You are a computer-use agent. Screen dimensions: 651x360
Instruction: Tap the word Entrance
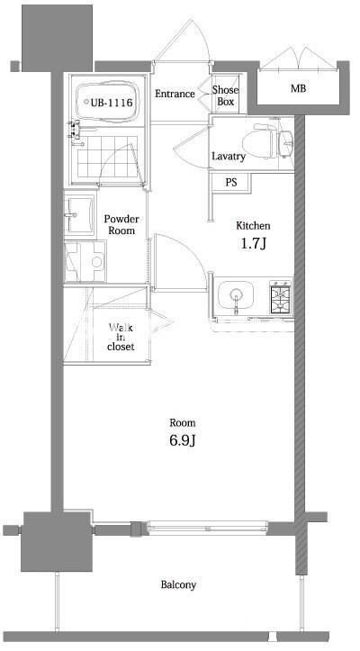(175, 94)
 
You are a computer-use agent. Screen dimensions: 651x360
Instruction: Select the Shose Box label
(225, 95)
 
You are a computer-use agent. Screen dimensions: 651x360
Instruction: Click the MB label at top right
(297, 89)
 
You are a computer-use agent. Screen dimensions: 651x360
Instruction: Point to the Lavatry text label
(229, 157)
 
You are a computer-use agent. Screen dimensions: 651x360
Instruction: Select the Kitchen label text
(253, 225)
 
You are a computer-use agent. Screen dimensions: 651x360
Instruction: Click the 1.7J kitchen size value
(253, 244)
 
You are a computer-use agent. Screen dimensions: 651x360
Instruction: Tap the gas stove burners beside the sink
(281, 296)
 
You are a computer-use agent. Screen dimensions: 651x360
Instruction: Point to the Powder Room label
(120, 224)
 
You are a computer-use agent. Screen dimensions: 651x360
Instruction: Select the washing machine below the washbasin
(86, 261)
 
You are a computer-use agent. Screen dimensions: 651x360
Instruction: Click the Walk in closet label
(120, 336)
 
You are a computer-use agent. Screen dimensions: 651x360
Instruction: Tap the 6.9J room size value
(183, 441)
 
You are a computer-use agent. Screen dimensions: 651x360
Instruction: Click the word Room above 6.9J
(183, 422)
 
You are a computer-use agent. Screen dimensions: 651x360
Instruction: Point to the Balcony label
(178, 585)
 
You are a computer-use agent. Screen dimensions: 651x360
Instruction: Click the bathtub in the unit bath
(107, 103)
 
